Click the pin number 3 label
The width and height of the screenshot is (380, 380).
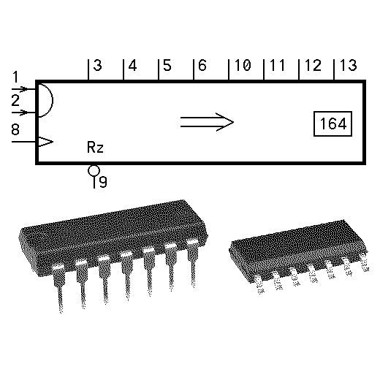pos(98,65)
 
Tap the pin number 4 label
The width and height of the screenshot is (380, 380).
pos(132,65)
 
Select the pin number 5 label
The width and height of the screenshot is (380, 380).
pos(167,65)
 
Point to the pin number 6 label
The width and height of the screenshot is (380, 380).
pos(202,65)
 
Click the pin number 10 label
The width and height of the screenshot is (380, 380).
pos(243,65)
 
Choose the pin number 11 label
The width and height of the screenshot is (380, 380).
pos(278,65)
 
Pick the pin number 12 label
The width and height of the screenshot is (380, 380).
pos(313,65)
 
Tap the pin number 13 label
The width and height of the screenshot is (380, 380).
pos(348,65)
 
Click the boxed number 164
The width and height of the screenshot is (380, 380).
pos(333,123)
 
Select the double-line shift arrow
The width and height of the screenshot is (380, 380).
pos(207,122)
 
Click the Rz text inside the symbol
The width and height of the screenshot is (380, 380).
pos(95,148)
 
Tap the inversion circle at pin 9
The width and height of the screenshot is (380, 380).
pos(94,170)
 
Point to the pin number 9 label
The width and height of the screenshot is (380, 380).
pos(103,182)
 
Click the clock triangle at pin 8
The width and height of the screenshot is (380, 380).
pos(46,142)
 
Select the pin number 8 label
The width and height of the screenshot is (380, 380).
pos(15,129)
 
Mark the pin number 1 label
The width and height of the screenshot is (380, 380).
pos(15,77)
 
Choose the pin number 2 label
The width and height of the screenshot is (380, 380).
pos(15,100)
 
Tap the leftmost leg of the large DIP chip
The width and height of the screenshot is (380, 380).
pos(58,289)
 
